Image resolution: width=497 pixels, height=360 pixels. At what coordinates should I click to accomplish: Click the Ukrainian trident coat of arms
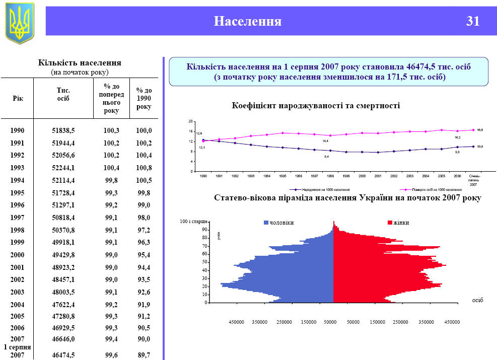[20, 22]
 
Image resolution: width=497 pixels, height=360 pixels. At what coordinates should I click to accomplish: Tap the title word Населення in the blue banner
[247, 21]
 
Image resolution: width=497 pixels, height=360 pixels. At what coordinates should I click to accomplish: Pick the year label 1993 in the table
[18, 168]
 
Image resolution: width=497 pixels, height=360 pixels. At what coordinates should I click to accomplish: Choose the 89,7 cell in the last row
[144, 355]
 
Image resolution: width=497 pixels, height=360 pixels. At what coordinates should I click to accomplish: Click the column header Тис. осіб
[63, 95]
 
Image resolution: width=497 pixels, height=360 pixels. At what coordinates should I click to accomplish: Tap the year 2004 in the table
[18, 305]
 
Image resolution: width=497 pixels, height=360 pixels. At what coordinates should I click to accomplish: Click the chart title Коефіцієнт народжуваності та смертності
[316, 106]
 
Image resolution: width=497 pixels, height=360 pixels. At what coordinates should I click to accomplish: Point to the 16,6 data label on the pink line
[480, 130]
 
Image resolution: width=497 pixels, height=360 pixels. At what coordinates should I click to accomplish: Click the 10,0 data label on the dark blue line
[480, 147]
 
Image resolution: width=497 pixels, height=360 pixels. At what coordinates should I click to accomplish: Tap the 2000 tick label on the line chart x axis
[362, 177]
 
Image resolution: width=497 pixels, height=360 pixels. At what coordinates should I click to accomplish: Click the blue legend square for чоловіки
[266, 223]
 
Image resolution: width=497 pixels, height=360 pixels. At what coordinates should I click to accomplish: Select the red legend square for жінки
[390, 223]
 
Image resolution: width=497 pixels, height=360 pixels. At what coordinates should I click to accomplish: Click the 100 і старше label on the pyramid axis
[193, 222]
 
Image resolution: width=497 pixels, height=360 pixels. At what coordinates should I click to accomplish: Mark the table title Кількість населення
[80, 63]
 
